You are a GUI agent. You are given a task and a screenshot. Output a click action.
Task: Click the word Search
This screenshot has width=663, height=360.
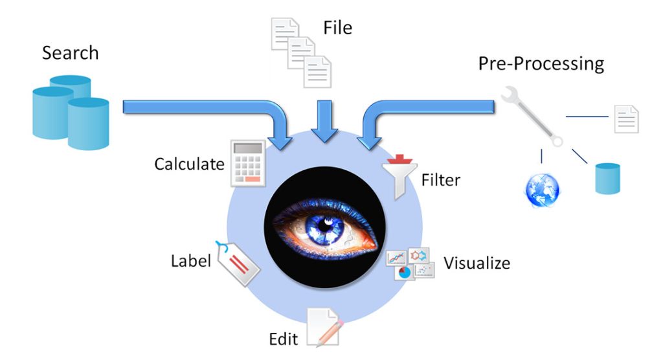[71, 53]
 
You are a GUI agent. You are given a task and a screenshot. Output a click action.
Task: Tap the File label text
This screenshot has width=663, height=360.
[337, 27]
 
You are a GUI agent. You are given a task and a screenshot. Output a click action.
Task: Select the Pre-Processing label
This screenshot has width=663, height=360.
[541, 64]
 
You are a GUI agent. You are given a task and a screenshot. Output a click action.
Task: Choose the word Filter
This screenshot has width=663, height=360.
[441, 179]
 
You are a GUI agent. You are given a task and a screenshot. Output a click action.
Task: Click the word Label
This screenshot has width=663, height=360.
[191, 262]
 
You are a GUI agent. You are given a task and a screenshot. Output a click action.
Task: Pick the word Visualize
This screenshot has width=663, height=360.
[477, 264]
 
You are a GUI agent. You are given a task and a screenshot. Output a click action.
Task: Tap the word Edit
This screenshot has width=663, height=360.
[283, 339]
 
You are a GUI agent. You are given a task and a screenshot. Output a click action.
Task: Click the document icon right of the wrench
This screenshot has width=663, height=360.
[626, 118]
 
